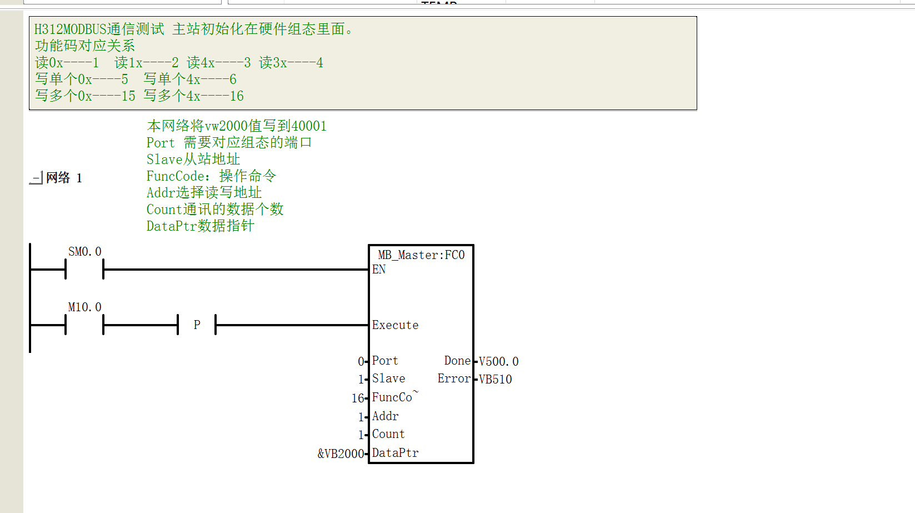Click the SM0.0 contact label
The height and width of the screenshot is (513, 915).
[84, 252]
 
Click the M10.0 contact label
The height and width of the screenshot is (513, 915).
[84, 307]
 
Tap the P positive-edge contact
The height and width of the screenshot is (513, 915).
[197, 325]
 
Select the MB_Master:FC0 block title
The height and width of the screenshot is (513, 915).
[421, 255]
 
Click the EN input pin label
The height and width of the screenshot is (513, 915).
[379, 270]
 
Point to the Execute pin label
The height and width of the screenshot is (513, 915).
[395, 325]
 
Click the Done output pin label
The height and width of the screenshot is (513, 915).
[458, 361]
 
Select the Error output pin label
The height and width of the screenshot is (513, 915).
[454, 378]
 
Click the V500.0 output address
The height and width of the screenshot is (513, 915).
[498, 361]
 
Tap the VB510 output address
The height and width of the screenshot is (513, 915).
[495, 380]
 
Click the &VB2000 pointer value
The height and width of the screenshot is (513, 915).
[341, 454]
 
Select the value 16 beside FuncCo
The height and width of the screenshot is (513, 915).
[358, 398]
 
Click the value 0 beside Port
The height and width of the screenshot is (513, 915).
[361, 361]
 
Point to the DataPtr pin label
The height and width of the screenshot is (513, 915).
[395, 453]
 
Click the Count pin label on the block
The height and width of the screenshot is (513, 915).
[388, 434]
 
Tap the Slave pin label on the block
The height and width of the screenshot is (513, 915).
[388, 378]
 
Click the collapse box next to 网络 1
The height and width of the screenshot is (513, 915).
[36, 178]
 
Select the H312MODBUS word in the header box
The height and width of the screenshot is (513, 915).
[70, 29]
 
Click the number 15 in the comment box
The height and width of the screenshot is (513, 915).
[128, 96]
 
